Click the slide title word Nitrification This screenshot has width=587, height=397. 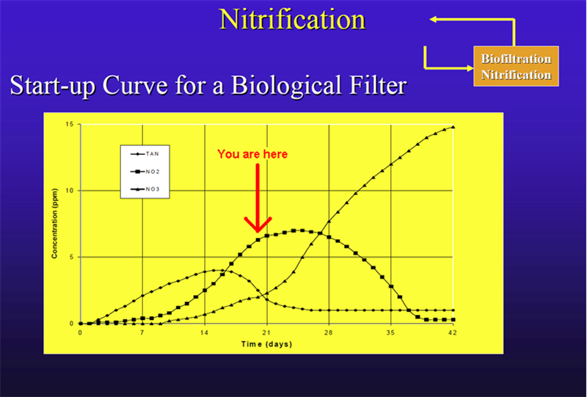293,19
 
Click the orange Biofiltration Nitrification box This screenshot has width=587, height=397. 516,66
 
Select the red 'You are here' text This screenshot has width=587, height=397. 252,154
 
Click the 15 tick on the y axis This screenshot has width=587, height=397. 69,124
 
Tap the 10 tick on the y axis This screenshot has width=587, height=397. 69,191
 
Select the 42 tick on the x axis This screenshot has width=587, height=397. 453,332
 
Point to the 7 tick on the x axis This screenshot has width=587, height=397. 142,332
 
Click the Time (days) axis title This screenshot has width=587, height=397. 266,343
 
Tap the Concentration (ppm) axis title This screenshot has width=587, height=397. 54,224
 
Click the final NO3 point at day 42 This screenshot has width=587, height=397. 453,127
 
